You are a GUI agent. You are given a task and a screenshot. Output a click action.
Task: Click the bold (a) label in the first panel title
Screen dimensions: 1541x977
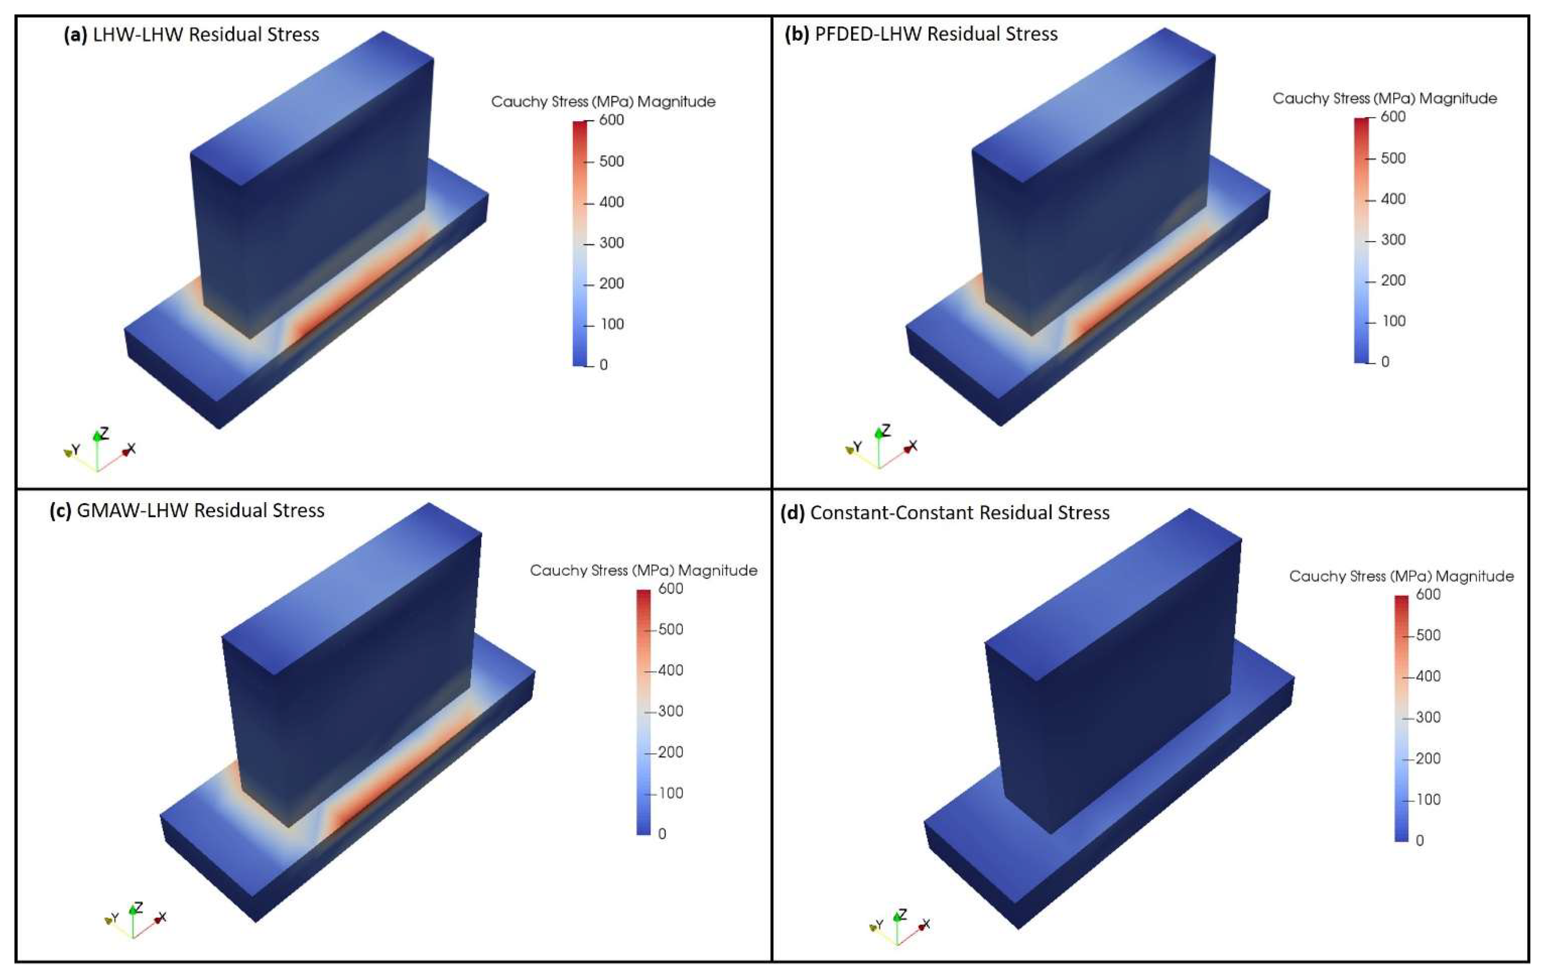pos(76,34)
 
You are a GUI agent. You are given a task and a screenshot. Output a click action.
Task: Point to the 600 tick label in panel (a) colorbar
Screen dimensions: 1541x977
pos(611,120)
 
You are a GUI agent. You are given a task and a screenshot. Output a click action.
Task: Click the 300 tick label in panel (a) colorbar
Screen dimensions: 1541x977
pos(611,242)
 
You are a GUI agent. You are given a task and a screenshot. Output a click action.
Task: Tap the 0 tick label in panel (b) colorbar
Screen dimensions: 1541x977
pos(1386,362)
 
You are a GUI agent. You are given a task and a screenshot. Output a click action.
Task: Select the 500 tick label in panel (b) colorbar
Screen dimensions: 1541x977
pos(1393,158)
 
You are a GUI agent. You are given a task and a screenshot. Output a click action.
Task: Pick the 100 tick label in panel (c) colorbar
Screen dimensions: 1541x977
pos(671,793)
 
